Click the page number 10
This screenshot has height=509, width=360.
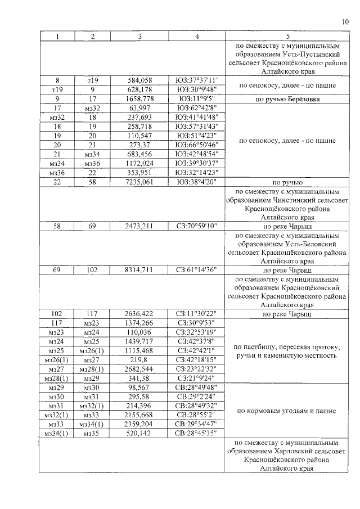(x=345, y=22)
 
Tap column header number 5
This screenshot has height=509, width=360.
(x=287, y=35)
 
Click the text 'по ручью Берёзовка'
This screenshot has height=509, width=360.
(x=287, y=98)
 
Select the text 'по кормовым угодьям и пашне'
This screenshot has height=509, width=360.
(x=287, y=411)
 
